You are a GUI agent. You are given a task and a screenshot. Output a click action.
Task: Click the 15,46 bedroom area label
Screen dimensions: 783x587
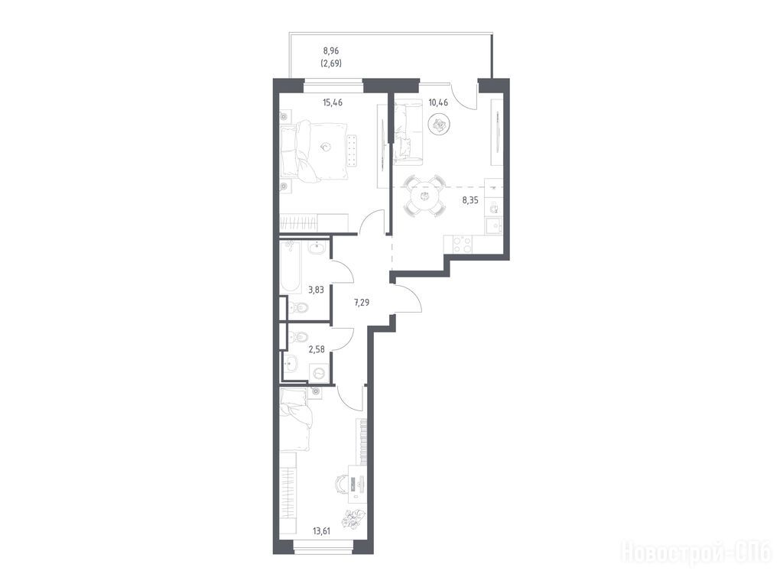pyautogui.click(x=333, y=103)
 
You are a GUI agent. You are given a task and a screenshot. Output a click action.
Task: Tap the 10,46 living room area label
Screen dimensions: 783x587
pyautogui.click(x=438, y=103)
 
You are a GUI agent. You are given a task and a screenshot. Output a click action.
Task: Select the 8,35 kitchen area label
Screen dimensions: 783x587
pyautogui.click(x=470, y=201)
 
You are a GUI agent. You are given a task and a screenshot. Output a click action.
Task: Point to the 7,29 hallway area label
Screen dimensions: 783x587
pyautogui.click(x=361, y=303)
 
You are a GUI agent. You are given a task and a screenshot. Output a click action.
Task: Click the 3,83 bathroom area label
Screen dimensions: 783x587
pyautogui.click(x=316, y=290)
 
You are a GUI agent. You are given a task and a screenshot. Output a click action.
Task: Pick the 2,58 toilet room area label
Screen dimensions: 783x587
pyautogui.click(x=317, y=349)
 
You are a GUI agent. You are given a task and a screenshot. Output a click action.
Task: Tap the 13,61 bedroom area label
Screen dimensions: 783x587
pyautogui.click(x=322, y=531)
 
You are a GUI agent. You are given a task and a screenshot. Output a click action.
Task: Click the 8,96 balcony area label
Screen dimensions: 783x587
pyautogui.click(x=332, y=50)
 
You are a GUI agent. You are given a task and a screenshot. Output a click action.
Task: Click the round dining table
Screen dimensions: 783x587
pyautogui.click(x=425, y=196)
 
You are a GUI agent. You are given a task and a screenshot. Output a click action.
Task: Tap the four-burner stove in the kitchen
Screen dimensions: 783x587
pyautogui.click(x=463, y=244)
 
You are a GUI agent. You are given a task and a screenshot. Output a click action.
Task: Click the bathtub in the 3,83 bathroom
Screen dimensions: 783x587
pyautogui.click(x=291, y=267)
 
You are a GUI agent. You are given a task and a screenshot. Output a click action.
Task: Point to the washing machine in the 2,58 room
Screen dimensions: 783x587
pyautogui.click(x=319, y=372)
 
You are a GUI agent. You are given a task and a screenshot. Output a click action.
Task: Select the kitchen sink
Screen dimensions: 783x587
pyautogui.click(x=494, y=226)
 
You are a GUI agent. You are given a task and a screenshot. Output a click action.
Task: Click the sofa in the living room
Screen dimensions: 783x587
pyautogui.click(x=408, y=131)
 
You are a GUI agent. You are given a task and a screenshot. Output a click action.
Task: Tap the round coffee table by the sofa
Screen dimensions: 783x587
pyautogui.click(x=440, y=125)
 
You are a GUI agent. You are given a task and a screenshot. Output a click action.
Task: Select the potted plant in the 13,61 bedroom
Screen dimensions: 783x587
pyautogui.click(x=353, y=519)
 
